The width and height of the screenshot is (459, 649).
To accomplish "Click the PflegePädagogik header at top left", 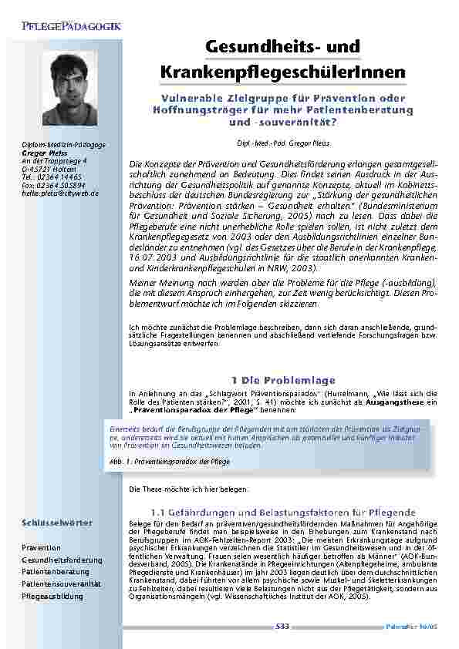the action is click(x=78, y=27).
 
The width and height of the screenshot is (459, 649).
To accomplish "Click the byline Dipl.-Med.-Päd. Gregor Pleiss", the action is click(x=283, y=143).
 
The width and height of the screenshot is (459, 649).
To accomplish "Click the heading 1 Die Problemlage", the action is click(x=283, y=380).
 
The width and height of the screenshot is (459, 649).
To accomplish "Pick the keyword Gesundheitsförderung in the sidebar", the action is click(x=62, y=560).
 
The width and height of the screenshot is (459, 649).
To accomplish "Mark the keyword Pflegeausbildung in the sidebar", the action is click(x=52, y=596).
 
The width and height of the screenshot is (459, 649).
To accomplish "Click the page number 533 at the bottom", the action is click(x=282, y=627).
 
